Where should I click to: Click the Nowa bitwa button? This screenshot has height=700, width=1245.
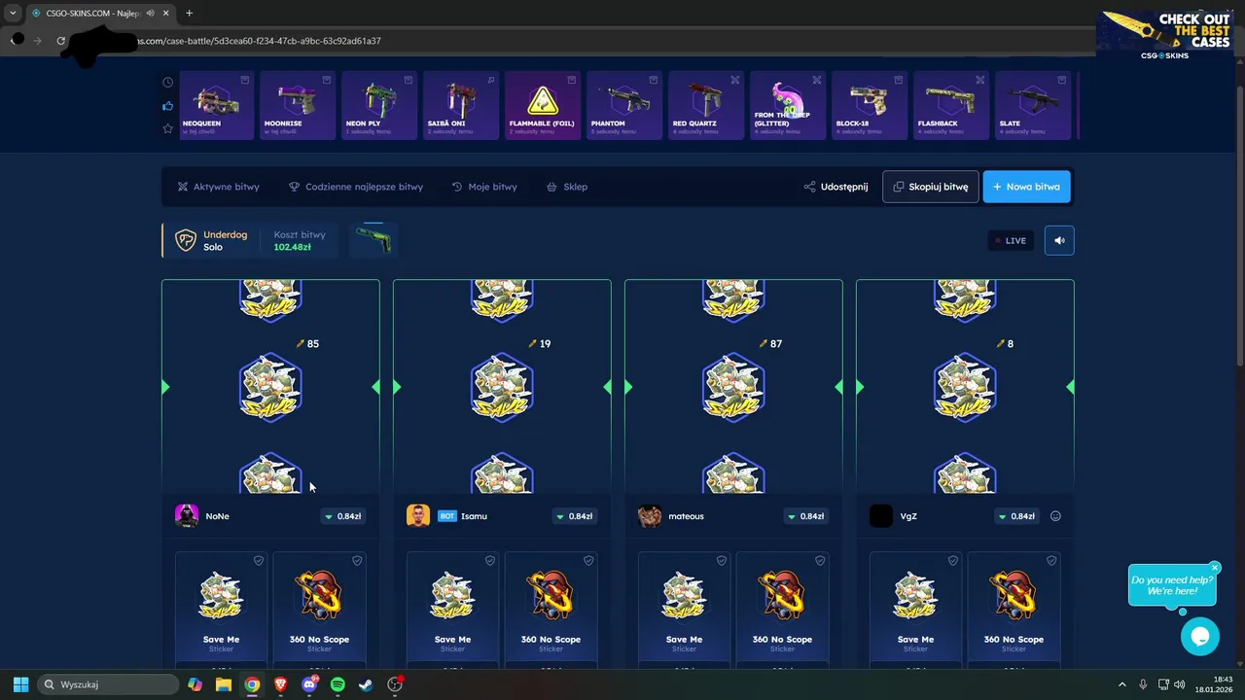[1026, 187]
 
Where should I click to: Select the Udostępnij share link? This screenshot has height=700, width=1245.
[836, 187]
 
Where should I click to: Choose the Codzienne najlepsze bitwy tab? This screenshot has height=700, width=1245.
[356, 187]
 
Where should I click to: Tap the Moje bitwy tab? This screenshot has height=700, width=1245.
[484, 187]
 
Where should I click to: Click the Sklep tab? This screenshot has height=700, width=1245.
[567, 187]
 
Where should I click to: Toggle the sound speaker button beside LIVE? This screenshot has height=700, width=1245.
[1059, 240]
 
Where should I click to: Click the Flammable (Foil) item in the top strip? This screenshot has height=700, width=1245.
[543, 105]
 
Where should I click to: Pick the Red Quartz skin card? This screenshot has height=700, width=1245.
[706, 105]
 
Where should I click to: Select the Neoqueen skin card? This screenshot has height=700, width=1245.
[216, 105]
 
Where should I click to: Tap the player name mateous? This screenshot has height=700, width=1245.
[686, 516]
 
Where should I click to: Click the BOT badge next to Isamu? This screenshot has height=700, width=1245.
[447, 516]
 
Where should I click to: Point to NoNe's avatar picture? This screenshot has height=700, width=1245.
[187, 515]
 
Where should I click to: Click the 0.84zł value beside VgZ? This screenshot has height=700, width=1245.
[1016, 516]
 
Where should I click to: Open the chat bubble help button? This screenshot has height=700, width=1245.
[1199, 637]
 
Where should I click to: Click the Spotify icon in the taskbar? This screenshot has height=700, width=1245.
[338, 684]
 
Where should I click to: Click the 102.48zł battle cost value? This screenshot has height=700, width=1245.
[292, 247]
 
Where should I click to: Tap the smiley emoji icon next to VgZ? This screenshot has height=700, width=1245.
[1055, 516]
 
